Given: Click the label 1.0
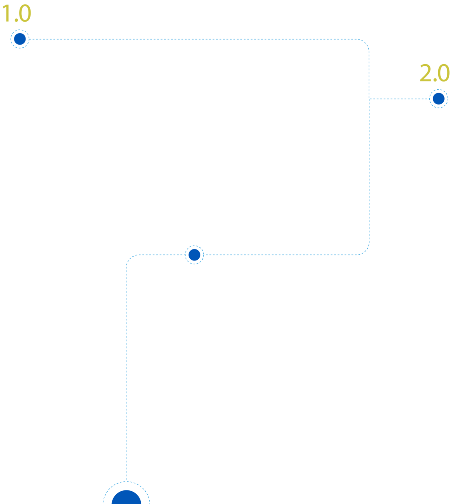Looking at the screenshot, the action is (17, 14).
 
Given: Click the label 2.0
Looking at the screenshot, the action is (434, 73).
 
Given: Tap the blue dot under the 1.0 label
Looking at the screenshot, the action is (20, 39).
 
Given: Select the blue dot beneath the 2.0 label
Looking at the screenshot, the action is (438, 99).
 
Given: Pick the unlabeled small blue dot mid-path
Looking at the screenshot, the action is (194, 255).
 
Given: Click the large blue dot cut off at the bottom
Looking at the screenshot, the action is (126, 498).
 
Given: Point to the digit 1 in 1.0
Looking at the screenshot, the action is (6, 14).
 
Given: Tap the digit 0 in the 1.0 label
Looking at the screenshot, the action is (25, 14).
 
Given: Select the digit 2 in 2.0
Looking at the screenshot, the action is (425, 73).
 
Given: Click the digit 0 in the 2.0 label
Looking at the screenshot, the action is (444, 73).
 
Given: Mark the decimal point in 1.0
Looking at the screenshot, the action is (16, 20).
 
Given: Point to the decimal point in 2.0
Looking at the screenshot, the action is (434, 80).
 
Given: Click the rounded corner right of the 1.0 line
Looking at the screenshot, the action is (365, 42).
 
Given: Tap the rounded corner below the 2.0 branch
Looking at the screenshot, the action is (365, 251).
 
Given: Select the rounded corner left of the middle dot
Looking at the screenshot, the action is (130, 258).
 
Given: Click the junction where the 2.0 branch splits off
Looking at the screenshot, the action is (369, 99).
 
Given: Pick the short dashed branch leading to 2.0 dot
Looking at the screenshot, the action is (399, 99).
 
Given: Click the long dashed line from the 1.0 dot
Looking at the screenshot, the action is (193, 39).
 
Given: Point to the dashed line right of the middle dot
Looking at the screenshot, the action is (280, 255).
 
